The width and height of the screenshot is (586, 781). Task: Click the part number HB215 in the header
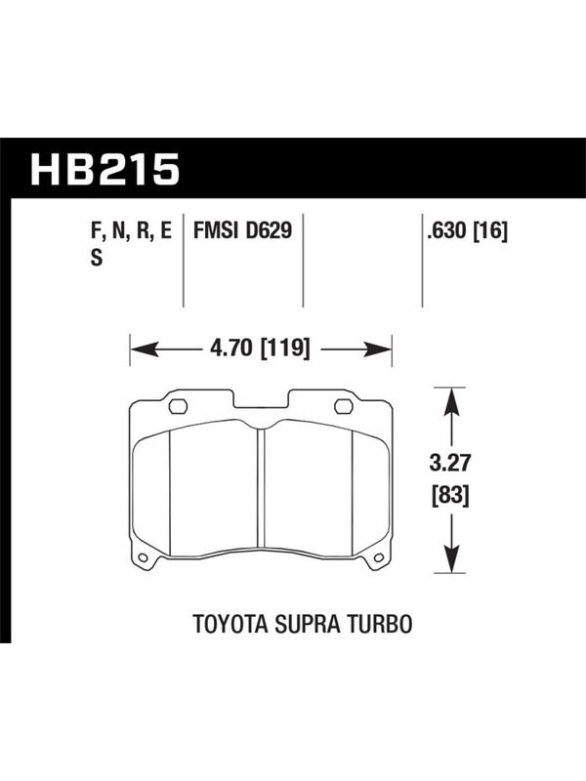click(x=105, y=169)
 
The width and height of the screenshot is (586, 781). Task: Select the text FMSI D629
click(x=242, y=230)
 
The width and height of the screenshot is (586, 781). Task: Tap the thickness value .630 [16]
click(x=467, y=231)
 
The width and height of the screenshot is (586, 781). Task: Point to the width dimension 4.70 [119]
click(x=260, y=349)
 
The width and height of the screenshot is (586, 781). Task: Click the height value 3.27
click(x=450, y=463)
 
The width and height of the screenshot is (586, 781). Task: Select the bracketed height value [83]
click(x=450, y=496)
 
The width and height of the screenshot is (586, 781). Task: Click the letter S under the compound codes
click(x=96, y=258)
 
